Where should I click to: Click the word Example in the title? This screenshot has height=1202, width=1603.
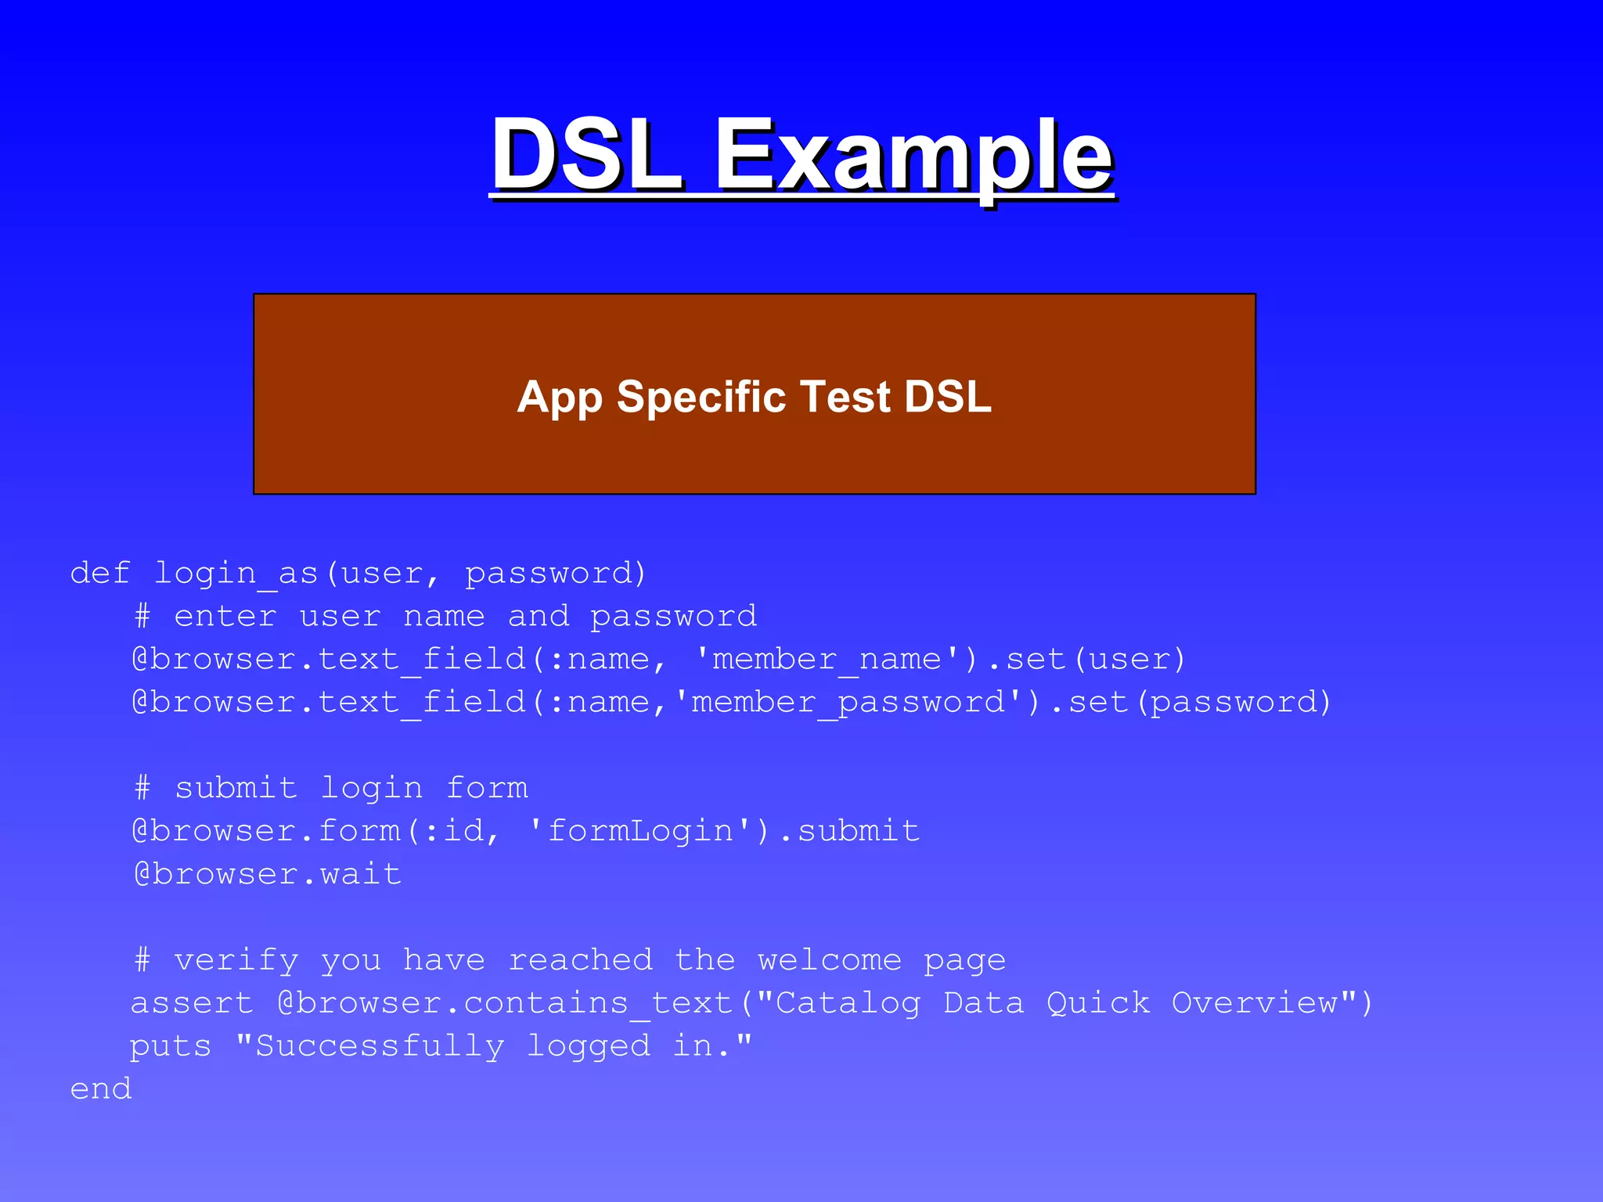pyautogui.click(x=913, y=157)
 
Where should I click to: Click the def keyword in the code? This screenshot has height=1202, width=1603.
pyautogui.click(x=100, y=573)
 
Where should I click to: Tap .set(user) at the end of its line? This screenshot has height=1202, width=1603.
pyautogui.click(x=1088, y=659)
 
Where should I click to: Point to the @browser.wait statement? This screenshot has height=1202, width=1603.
pyautogui.click(x=268, y=873)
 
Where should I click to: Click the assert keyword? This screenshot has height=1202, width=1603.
pyautogui.click(x=193, y=1002)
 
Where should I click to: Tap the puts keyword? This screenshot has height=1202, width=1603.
pyautogui.click(x=171, y=1046)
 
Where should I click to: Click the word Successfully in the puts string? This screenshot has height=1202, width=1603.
pyautogui.click(x=380, y=1046)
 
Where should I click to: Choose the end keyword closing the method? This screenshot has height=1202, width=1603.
pyautogui.click(x=101, y=1089)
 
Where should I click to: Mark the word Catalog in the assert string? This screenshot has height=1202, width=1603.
pyautogui.click(x=848, y=1003)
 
